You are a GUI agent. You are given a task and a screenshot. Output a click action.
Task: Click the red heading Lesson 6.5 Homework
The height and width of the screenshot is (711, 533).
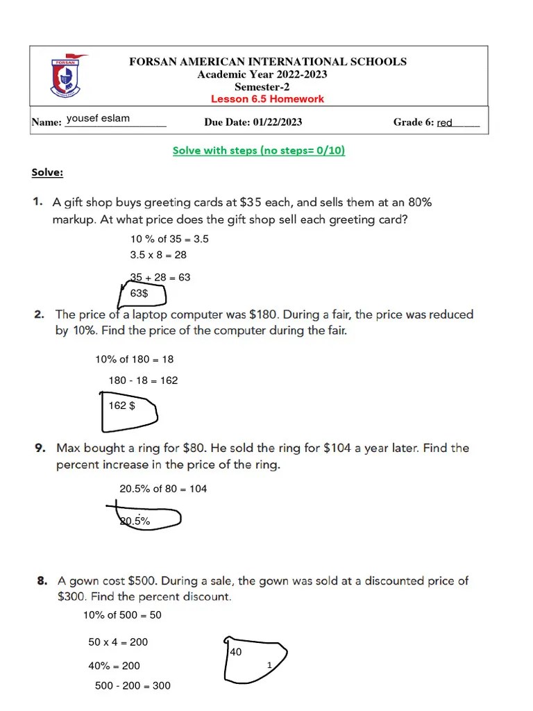[267, 99]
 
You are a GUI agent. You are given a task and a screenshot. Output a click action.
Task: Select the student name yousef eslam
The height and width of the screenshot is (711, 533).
[98, 119]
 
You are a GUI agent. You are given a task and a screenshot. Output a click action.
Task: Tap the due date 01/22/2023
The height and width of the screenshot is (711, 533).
[278, 122]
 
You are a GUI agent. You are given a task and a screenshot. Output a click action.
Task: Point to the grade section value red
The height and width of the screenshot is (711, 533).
[444, 123]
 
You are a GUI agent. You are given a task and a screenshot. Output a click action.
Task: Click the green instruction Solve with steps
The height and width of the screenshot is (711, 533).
[258, 150]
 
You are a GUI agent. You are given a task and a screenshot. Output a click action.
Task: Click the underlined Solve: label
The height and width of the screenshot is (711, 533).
[47, 172]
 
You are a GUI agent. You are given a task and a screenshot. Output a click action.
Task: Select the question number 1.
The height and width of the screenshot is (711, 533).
[37, 203]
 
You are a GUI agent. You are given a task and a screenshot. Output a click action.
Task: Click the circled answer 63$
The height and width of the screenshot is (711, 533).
[139, 294]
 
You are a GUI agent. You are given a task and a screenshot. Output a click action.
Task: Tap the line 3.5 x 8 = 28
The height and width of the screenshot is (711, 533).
[158, 255]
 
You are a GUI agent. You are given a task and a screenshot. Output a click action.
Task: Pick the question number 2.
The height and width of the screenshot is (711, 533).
[40, 315]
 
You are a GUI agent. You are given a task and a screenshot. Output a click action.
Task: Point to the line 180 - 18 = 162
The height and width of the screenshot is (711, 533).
[143, 380]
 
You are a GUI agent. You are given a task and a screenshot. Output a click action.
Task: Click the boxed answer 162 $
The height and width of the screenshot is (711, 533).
[121, 405]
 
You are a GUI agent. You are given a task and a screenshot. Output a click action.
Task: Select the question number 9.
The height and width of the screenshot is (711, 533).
[41, 449]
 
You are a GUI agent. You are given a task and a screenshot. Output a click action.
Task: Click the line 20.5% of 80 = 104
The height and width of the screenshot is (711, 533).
[163, 489]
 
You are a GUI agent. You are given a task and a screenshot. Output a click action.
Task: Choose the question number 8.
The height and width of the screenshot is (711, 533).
[42, 580]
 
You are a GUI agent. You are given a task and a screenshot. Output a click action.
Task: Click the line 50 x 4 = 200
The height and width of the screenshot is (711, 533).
[118, 642]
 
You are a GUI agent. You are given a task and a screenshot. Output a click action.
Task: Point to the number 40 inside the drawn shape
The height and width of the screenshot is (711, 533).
[235, 653]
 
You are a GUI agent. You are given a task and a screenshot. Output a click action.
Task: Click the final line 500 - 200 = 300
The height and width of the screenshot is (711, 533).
[133, 686]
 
